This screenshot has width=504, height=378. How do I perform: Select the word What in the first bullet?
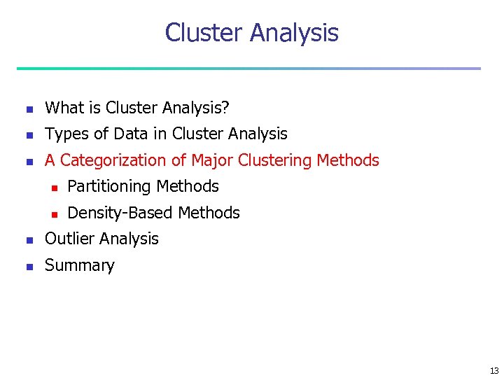coord(64,108)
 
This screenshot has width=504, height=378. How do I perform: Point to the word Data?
coord(126,134)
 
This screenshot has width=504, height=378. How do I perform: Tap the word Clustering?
coord(274,160)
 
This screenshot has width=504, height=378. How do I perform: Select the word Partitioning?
coord(109,187)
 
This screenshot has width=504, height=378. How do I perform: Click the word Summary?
coord(79,266)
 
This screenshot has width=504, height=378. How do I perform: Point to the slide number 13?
coord(494,371)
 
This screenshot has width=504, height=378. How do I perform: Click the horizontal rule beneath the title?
coord(249,69)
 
